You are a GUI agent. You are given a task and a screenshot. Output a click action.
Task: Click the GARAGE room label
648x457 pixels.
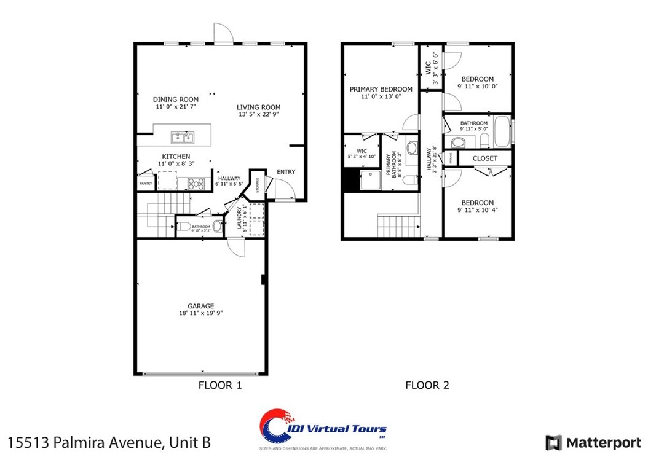[200, 306]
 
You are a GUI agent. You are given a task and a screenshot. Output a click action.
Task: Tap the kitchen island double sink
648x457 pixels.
[182, 136]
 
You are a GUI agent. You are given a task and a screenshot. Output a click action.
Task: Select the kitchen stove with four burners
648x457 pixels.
[196, 182]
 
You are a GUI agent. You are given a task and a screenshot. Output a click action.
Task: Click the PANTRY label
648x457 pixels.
[146, 184]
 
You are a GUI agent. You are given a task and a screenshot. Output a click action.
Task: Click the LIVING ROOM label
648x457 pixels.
[258, 107]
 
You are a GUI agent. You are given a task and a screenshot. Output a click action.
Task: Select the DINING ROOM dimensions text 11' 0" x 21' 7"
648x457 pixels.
[175, 107]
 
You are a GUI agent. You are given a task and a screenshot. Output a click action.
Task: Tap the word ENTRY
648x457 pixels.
[286, 171]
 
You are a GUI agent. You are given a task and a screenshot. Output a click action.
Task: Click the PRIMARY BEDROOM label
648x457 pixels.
[381, 89]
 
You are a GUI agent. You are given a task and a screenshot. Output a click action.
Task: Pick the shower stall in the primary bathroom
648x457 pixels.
[371, 181]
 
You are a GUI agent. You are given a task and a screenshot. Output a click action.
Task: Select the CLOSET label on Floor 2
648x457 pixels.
[485, 158]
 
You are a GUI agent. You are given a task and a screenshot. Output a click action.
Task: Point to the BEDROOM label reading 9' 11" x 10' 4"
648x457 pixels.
[477, 203]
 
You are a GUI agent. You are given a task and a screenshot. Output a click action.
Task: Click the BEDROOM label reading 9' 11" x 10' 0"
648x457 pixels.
[477, 79]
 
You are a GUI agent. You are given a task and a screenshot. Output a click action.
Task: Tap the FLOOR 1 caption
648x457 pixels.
[219, 386]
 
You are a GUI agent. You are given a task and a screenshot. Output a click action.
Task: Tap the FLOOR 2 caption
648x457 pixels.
[427, 386]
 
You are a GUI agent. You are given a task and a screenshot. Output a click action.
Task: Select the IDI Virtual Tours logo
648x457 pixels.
[322, 429]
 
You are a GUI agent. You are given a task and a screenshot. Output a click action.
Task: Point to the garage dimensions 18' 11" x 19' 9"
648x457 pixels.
[200, 313]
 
